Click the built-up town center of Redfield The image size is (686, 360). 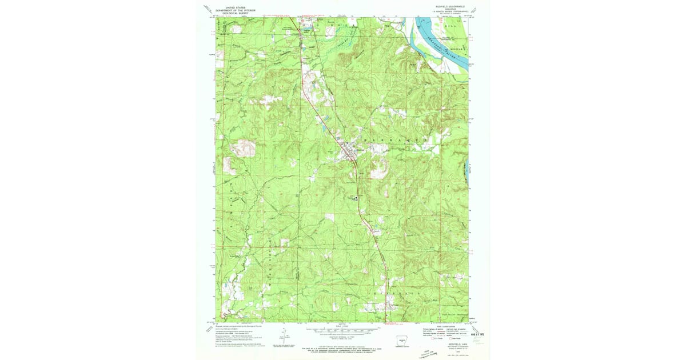350,151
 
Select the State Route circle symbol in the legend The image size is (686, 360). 450,338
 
